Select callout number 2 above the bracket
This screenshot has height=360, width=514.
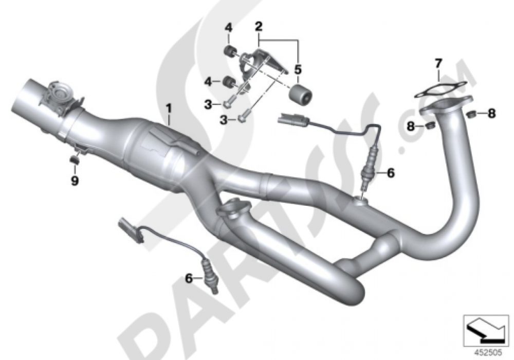click(259, 25)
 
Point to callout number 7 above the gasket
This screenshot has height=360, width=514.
click(438, 64)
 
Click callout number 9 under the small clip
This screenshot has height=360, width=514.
click(75, 181)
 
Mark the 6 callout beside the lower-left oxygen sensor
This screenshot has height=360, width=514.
click(189, 278)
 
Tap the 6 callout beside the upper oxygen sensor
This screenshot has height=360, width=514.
click(391, 173)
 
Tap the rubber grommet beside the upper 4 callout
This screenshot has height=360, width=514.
click(228, 50)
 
